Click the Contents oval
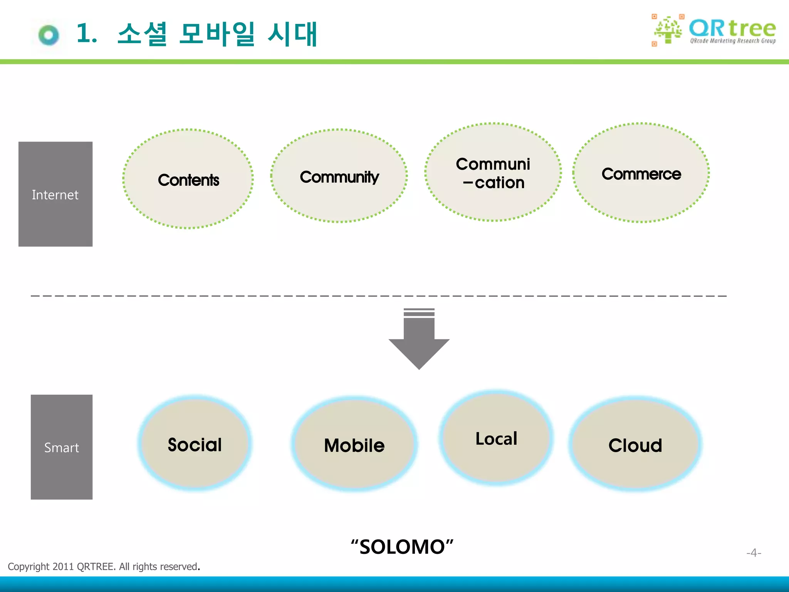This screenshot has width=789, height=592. coord(188,179)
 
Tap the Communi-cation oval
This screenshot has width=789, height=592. coord(493,172)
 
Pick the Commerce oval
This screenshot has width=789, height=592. coord(641,173)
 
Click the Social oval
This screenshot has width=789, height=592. coord(195,444)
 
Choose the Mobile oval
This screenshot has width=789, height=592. coord(354,445)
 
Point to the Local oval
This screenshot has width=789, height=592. coord(496,438)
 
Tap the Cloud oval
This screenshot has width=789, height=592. coord(635,445)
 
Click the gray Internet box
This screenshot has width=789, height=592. coord(55,194)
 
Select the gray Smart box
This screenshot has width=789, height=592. coord(62,447)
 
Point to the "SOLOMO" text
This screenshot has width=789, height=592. coord(402,547)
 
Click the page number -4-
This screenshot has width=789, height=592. coord(754,553)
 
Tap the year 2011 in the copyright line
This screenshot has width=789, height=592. coord(63,567)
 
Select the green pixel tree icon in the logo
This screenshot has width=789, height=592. coord(668,30)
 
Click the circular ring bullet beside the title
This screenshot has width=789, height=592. coord(49,35)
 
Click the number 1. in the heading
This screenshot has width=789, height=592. coord(86,33)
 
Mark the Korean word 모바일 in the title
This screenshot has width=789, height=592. coord(217,34)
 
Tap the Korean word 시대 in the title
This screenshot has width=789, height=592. coord(292,34)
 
